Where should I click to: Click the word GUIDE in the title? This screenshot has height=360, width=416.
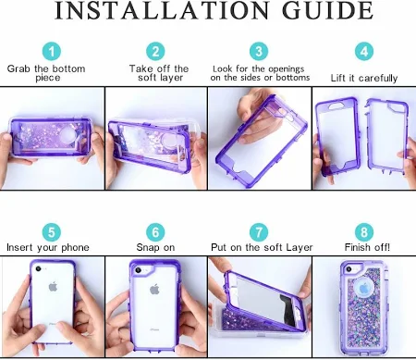(x=327, y=10)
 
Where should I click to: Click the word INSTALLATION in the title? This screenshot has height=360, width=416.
(x=163, y=10)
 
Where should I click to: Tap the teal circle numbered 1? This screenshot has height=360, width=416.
(x=52, y=51)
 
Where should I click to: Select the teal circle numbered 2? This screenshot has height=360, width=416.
(x=155, y=51)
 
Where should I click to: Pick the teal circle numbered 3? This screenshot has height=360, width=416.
(x=259, y=51)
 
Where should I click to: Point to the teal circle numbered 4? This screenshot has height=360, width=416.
(x=364, y=51)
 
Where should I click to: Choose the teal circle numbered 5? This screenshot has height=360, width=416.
(x=52, y=232)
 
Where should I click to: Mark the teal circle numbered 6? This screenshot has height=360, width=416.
(x=155, y=232)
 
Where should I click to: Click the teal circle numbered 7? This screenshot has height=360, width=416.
(x=259, y=232)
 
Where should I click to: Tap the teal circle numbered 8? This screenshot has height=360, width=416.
(x=364, y=232)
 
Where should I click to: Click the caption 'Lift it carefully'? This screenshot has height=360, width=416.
(x=364, y=78)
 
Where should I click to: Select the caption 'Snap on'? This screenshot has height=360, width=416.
(x=155, y=247)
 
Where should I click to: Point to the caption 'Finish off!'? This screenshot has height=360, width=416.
(x=367, y=247)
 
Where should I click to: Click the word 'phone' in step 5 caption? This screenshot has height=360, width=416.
(x=75, y=248)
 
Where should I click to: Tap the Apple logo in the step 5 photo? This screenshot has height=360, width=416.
(x=53, y=287)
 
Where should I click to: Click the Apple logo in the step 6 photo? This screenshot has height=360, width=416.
(x=154, y=289)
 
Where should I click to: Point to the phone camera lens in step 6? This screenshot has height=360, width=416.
(x=139, y=270)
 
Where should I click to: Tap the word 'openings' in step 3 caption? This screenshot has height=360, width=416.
(x=287, y=69)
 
